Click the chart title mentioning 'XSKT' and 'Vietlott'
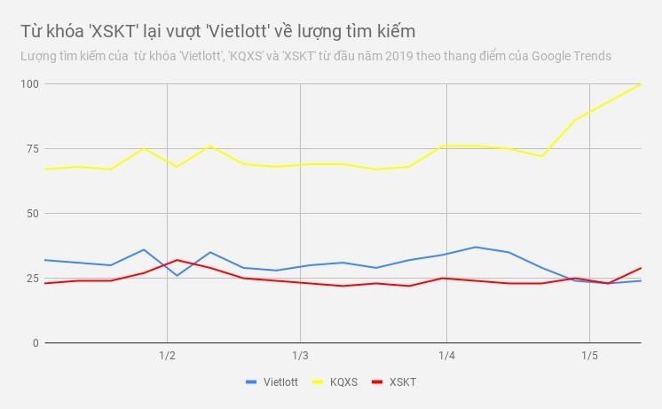pos(217,31)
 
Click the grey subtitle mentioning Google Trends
pos(316,56)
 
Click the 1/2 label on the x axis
pos(167,357)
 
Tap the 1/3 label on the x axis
pos(300,357)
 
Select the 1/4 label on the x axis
pos(446,357)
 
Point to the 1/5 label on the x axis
pos(589,357)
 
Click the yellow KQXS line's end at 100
pos(640,84)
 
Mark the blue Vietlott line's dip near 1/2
pos(177,275)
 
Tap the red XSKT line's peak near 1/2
pos(177,260)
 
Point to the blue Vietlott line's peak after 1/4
pos(476,247)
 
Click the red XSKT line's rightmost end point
pos(640,268)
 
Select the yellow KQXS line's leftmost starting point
pos(45,169)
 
